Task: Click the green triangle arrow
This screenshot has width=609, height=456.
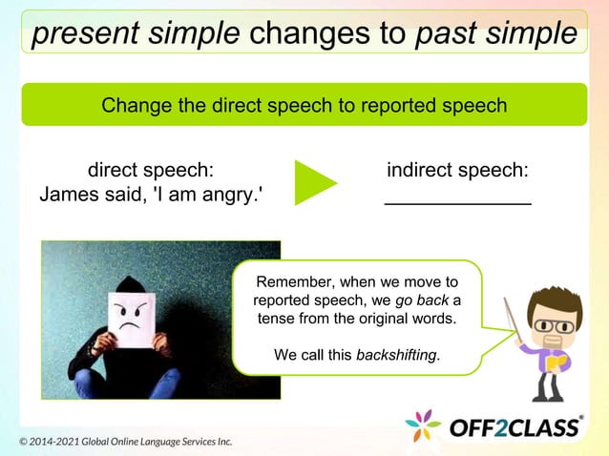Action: click(x=314, y=183)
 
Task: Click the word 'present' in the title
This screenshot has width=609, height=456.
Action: click(x=82, y=33)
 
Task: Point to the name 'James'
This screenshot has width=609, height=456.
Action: click(x=72, y=195)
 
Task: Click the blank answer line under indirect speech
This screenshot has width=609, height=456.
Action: click(x=457, y=202)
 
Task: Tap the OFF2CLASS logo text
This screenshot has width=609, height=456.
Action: click(x=514, y=426)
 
